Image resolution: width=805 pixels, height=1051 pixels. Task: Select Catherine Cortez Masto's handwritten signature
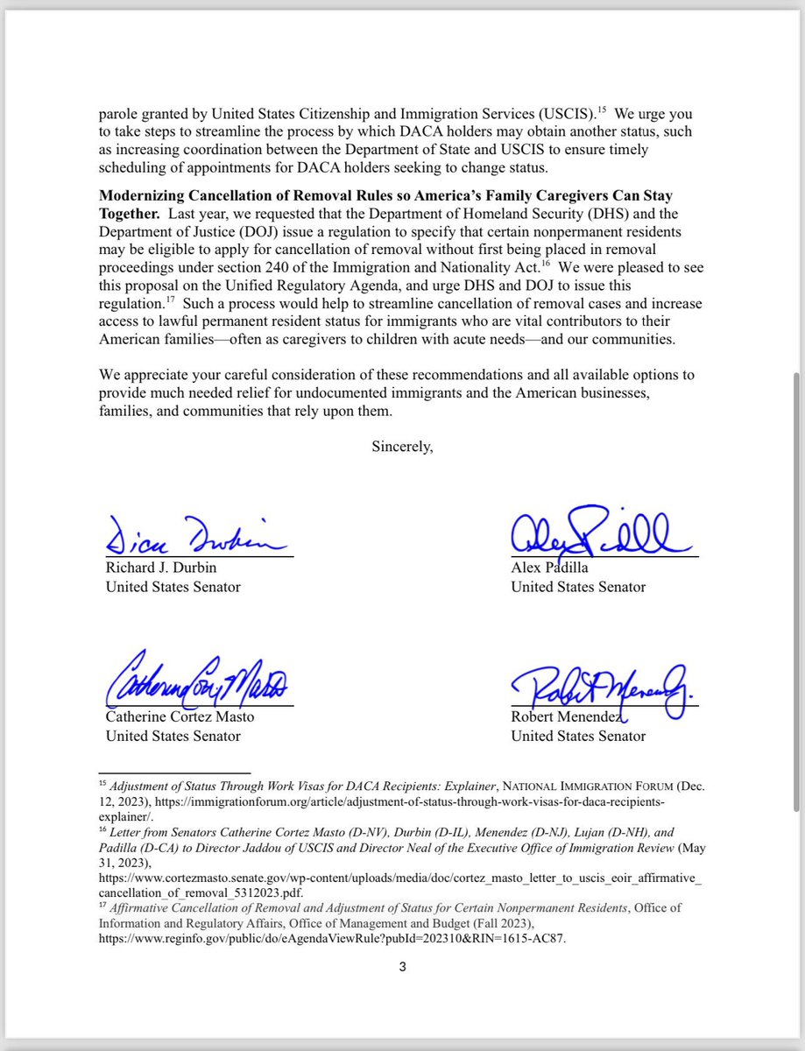pos(197,681)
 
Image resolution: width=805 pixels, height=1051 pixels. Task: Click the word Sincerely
pos(402,446)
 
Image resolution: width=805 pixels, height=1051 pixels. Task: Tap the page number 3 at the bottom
pos(402,967)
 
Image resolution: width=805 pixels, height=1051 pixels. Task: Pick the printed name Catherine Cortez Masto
pos(180,717)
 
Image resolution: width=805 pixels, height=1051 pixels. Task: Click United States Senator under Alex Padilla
pos(578,586)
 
